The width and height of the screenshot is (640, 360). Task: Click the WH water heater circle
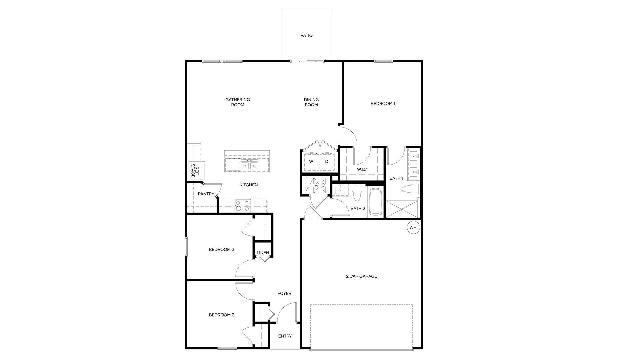pyautogui.click(x=413, y=228)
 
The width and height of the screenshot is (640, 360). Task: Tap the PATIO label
pyautogui.click(x=306, y=35)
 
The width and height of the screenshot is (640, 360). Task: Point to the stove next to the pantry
pyautogui.click(x=242, y=206)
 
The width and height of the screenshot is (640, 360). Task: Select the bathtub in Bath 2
pyautogui.click(x=376, y=201)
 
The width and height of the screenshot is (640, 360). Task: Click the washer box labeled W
pyautogui.click(x=311, y=162)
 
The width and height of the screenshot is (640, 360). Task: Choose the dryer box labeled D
pyautogui.click(x=327, y=162)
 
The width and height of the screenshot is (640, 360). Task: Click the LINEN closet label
pyautogui.click(x=263, y=253)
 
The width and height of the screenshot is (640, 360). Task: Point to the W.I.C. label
pyautogui.click(x=362, y=169)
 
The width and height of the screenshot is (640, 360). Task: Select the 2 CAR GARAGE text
pyautogui.click(x=361, y=276)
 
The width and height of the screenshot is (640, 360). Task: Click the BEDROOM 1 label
pyautogui.click(x=383, y=104)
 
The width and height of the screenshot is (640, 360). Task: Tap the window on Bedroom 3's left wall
pyautogui.click(x=186, y=247)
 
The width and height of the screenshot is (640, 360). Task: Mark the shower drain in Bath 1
pyautogui.click(x=402, y=209)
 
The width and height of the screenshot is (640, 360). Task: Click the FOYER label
pyautogui.click(x=284, y=294)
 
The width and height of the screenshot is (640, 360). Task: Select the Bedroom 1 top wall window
pyautogui.click(x=383, y=61)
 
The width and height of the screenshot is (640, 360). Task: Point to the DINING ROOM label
pyautogui.click(x=311, y=102)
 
